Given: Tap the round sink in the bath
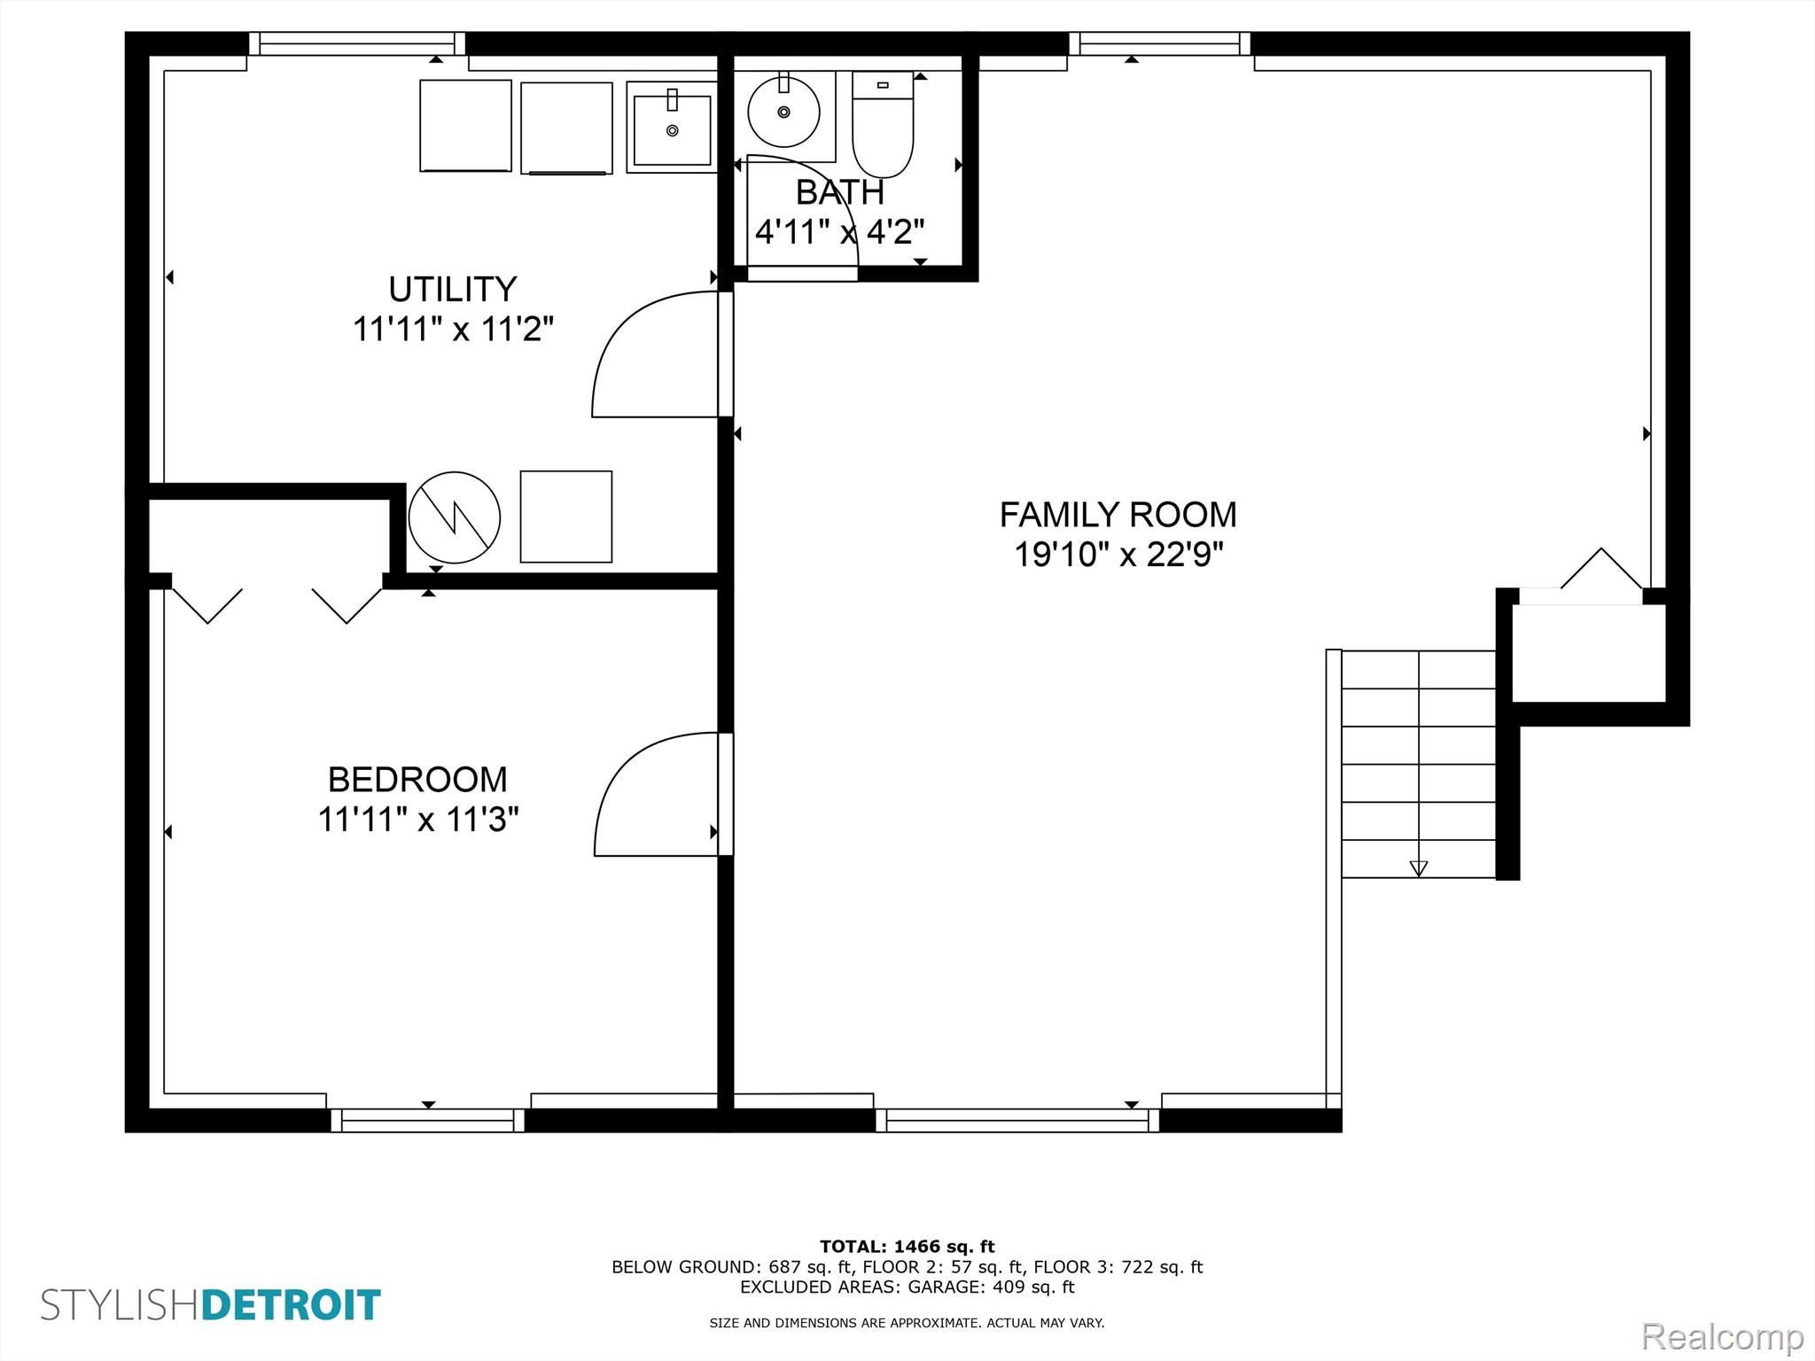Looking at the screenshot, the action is click(x=783, y=112).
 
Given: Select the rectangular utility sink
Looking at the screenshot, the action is click(x=672, y=128).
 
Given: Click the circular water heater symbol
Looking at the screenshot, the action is click(x=455, y=517).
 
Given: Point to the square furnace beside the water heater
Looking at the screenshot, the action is click(x=565, y=517).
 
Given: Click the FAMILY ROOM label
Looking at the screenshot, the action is click(x=1118, y=515).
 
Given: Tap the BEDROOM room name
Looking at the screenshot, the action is click(x=417, y=780).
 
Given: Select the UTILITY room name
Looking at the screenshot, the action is click(x=453, y=290).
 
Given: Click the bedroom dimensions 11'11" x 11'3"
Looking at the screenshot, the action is click(x=417, y=820).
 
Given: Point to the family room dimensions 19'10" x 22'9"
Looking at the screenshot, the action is click(x=1118, y=555).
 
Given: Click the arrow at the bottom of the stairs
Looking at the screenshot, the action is click(x=1418, y=868).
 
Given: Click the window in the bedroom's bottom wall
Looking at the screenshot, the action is click(x=428, y=1121).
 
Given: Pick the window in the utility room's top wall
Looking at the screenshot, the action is click(x=357, y=43).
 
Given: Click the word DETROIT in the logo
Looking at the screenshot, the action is click(x=292, y=1305).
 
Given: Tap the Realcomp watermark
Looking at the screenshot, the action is click(x=1723, y=1335).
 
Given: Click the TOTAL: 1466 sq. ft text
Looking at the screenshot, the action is click(x=907, y=1247).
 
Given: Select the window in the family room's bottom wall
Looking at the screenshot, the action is click(x=1017, y=1121).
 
